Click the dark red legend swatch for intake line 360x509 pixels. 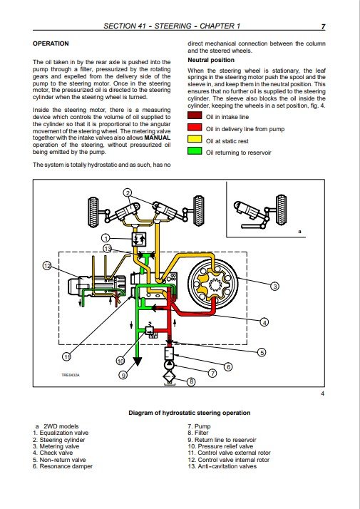click(195, 116)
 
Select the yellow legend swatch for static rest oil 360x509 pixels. click(195, 140)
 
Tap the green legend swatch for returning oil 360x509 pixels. click(195, 151)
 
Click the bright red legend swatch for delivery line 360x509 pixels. click(195, 128)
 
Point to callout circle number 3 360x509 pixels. click(274, 287)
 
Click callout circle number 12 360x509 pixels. click(47, 266)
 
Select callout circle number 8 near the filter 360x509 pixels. click(191, 382)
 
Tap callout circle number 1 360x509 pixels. click(106, 238)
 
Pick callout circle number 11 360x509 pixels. click(66, 356)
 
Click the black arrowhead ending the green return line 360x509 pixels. click(138, 361)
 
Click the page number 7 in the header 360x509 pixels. click(323, 27)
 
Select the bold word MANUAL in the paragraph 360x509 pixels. click(157, 138)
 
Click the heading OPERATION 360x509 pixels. click(51, 43)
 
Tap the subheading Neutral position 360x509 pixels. click(211, 60)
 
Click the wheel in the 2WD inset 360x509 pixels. click(281, 210)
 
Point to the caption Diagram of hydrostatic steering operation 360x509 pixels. click(190, 413)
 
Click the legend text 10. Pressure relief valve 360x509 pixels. click(220, 446)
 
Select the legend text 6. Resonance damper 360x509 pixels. click(63, 466)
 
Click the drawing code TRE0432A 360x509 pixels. click(71, 375)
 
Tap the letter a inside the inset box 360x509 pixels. click(299, 232)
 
